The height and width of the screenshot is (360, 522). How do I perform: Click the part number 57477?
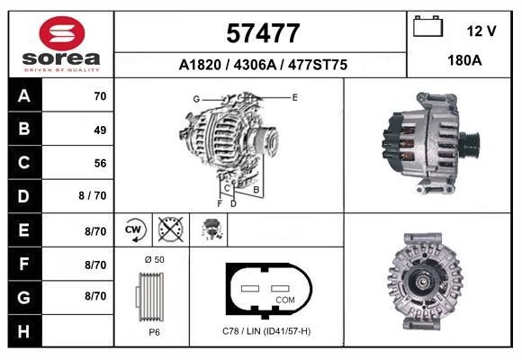[262, 33]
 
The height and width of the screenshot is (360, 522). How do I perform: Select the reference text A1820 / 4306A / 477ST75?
[262, 66]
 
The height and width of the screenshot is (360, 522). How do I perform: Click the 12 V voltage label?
[481, 31]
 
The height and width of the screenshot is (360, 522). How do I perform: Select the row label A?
[24, 95]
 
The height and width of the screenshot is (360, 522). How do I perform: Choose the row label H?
[24, 330]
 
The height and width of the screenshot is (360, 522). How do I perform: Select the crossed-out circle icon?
[169, 230]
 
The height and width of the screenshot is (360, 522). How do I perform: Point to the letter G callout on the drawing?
[195, 98]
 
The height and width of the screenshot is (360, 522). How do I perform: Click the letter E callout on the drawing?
[294, 95]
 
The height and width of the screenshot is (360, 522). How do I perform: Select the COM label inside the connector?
[284, 299]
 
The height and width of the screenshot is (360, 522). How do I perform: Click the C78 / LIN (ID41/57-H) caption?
[265, 331]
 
